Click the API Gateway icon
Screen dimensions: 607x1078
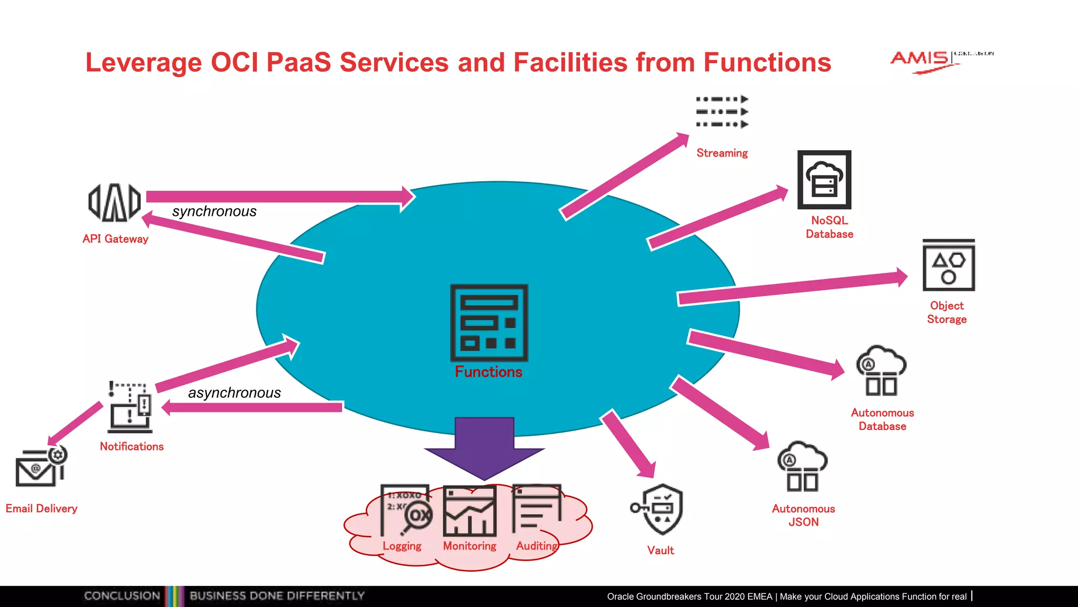pos(114,202)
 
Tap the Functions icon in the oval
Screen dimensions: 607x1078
pos(489,322)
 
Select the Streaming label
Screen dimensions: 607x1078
pos(722,153)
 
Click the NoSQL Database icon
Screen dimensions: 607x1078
pos(824,180)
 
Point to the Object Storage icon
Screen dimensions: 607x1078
pos(949,266)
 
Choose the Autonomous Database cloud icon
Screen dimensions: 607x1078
pos(881,371)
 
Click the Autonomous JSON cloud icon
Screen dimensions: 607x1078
pos(802,466)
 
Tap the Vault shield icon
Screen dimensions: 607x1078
pos(658,509)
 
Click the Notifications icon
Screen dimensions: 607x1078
pos(130,407)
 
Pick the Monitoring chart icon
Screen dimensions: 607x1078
pos(470,511)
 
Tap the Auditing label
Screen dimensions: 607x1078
pos(536,546)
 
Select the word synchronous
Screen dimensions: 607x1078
pos(214,211)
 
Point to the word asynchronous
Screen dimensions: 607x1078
pos(234,393)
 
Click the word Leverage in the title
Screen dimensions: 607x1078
pos(144,62)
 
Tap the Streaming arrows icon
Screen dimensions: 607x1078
pos(722,112)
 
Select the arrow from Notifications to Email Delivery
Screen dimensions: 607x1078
pos(75,424)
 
